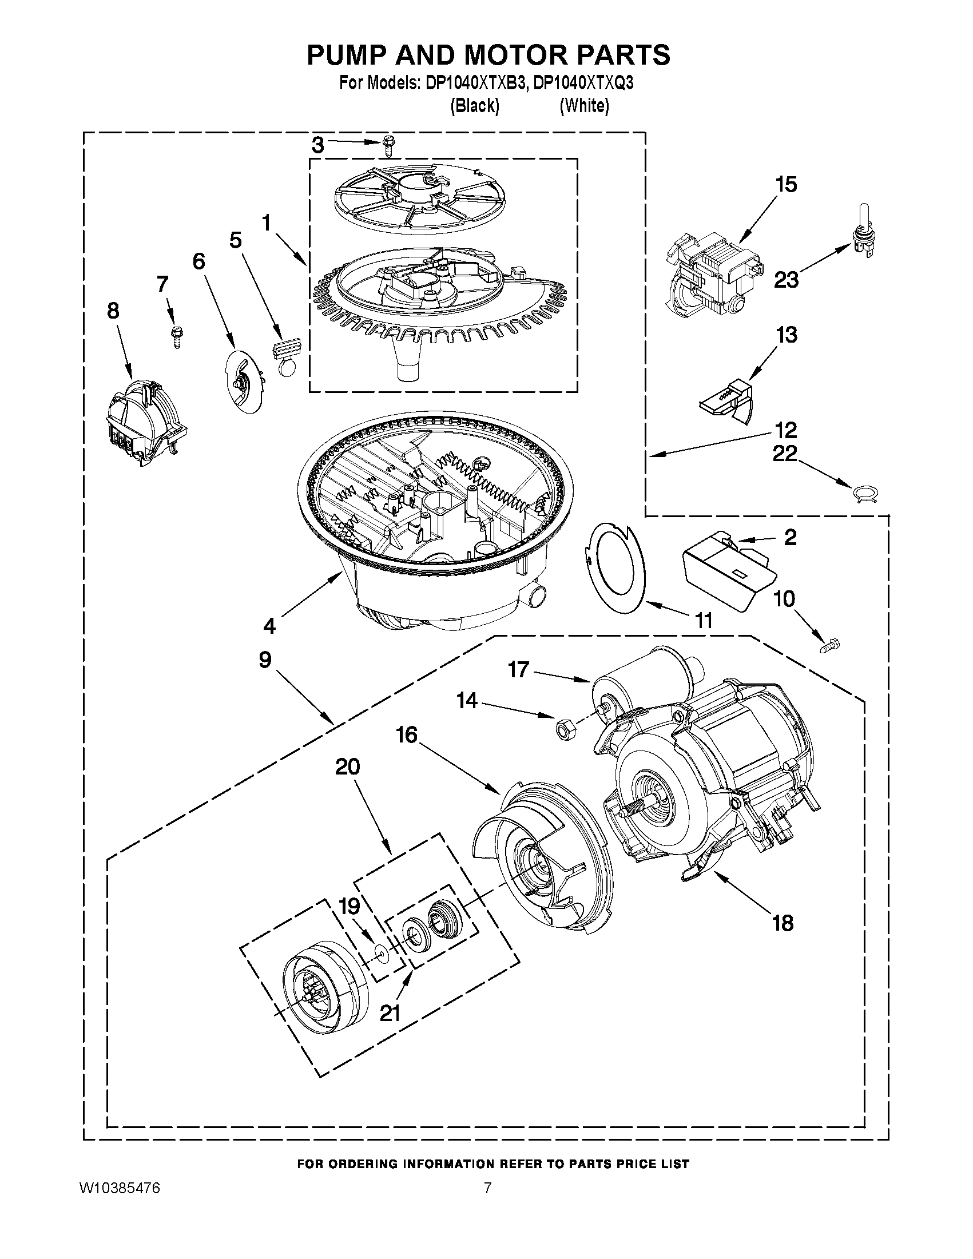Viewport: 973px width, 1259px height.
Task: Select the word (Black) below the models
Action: pyautogui.click(x=474, y=105)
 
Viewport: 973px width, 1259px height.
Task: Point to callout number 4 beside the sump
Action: pyautogui.click(x=269, y=625)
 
